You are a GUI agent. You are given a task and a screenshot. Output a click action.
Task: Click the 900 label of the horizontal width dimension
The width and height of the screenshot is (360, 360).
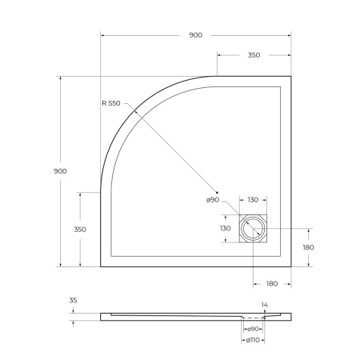(196, 36)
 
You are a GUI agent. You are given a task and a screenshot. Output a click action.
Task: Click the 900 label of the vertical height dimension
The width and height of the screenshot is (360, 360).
(60, 171)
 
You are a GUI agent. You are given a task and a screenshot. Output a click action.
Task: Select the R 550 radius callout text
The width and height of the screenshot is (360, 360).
(117, 103)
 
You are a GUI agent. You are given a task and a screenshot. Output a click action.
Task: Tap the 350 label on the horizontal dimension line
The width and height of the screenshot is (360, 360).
(253, 55)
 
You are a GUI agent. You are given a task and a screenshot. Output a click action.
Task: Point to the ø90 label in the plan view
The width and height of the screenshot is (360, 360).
(212, 199)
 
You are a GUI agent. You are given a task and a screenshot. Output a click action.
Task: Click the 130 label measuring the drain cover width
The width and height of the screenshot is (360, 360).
(253, 200)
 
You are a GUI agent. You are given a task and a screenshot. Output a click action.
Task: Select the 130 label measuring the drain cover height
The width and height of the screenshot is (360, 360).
(226, 229)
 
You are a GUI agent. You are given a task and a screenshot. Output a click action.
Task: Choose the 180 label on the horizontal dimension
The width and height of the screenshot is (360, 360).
(271, 283)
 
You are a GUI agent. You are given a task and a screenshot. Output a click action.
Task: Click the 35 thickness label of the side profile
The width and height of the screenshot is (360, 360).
(73, 301)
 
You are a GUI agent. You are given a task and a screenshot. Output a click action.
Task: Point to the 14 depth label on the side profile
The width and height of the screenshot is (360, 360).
(264, 305)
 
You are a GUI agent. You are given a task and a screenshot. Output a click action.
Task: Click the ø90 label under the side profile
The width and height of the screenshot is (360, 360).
(253, 329)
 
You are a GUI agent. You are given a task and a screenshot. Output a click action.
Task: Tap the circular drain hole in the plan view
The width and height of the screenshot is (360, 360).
(253, 229)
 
